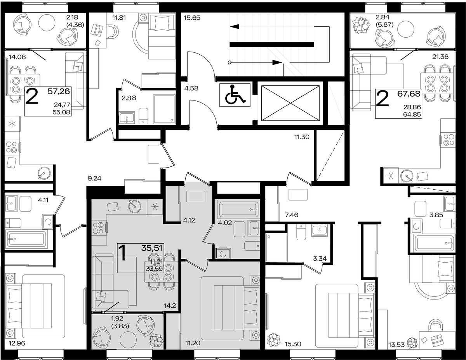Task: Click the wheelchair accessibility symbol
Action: [x=235, y=95]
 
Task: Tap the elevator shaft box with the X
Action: [x=290, y=103]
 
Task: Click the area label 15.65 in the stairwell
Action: [x=192, y=18]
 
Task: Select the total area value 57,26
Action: [x=59, y=92]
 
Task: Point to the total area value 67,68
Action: [x=409, y=94]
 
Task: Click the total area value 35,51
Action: [x=152, y=248]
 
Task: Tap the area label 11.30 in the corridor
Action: [x=302, y=137]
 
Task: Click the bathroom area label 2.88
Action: [x=129, y=98]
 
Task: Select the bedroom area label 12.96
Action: [x=17, y=343]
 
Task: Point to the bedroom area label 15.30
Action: [x=293, y=344]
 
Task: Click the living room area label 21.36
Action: [x=440, y=57]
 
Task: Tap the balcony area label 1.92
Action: [x=117, y=318]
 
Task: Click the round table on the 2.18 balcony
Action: [x=47, y=22]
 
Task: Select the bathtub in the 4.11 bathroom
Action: [x=26, y=239]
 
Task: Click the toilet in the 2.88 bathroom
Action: [x=143, y=116]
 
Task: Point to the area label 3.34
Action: [x=320, y=259]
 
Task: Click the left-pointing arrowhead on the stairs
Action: [x=235, y=26]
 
